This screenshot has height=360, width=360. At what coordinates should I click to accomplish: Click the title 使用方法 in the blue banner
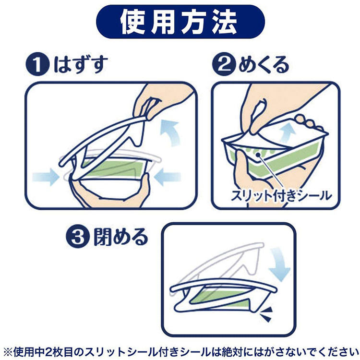[x=179, y=22]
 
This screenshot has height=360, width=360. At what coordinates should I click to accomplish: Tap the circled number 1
[x=37, y=64]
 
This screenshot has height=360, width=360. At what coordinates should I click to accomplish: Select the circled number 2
[x=224, y=64]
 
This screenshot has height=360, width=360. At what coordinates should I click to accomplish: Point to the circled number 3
[x=77, y=236]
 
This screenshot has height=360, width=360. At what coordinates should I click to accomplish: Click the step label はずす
[x=80, y=64]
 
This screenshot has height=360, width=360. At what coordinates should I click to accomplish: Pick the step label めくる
[x=264, y=64]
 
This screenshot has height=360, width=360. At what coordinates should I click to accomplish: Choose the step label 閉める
[x=120, y=237]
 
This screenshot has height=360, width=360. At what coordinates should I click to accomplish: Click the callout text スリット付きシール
[x=281, y=196]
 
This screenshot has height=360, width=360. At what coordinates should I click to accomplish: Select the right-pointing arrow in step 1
[x=46, y=177]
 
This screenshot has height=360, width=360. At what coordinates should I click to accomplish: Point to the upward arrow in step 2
[x=288, y=133]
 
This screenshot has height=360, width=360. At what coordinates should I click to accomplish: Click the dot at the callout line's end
[x=259, y=155]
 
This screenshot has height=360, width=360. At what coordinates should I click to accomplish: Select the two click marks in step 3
[x=266, y=314]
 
